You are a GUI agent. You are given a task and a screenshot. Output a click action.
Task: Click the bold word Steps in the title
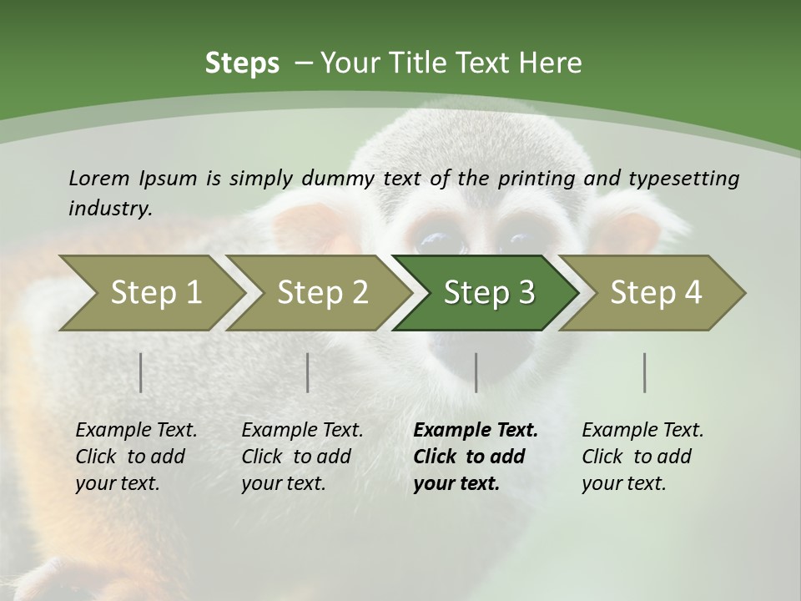[x=242, y=63]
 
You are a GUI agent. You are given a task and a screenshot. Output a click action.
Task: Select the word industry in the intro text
[x=110, y=208]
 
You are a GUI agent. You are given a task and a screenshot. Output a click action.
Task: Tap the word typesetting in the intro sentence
[x=683, y=179]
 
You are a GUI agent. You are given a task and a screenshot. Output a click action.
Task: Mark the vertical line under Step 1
[x=141, y=372]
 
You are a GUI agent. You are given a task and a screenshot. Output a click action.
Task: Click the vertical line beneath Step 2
[x=308, y=372]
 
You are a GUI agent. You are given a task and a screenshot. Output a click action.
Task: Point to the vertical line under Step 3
[x=476, y=372]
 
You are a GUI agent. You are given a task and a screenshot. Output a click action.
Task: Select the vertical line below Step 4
[x=645, y=372]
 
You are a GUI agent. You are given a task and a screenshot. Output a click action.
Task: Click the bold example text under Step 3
[x=474, y=457]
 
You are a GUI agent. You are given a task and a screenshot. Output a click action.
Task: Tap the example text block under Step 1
[x=136, y=457]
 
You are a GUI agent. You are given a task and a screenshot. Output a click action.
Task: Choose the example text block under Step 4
[x=642, y=457]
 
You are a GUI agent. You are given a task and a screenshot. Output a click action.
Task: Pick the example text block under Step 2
[x=301, y=457]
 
